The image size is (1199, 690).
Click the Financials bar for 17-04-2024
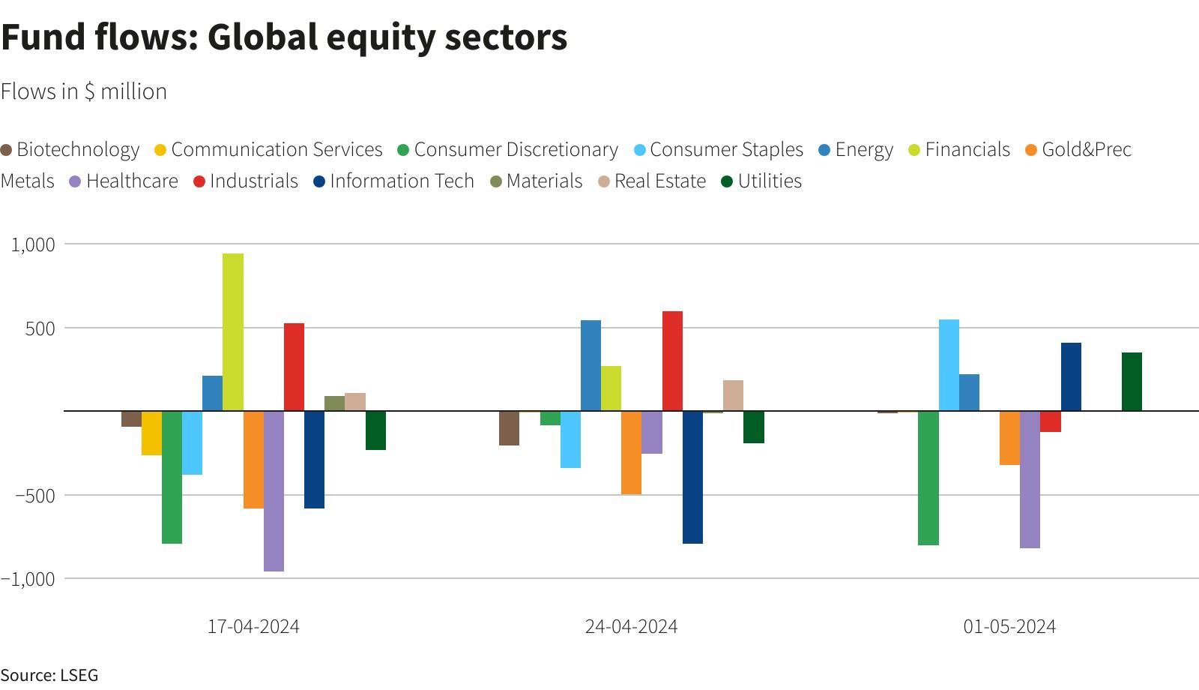tap(233, 332)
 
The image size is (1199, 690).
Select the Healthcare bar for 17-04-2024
tap(274, 491)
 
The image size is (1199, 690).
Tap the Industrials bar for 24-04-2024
tap(672, 361)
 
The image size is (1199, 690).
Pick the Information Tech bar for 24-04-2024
tap(692, 477)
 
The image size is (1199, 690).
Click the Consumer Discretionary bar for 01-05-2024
tap(928, 478)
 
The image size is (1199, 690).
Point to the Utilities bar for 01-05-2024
tap(1132, 382)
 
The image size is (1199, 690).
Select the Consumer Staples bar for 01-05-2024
tap(949, 365)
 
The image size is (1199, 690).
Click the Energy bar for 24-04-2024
tap(591, 365)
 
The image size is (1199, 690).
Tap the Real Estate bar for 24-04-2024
tap(733, 395)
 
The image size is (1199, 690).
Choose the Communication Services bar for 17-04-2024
tap(151, 433)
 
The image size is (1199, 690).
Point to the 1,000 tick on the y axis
tap(33, 244)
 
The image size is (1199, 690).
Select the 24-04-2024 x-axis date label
tap(631, 626)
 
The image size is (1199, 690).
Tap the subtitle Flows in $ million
tap(84, 91)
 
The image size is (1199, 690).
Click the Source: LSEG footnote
tap(49, 675)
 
